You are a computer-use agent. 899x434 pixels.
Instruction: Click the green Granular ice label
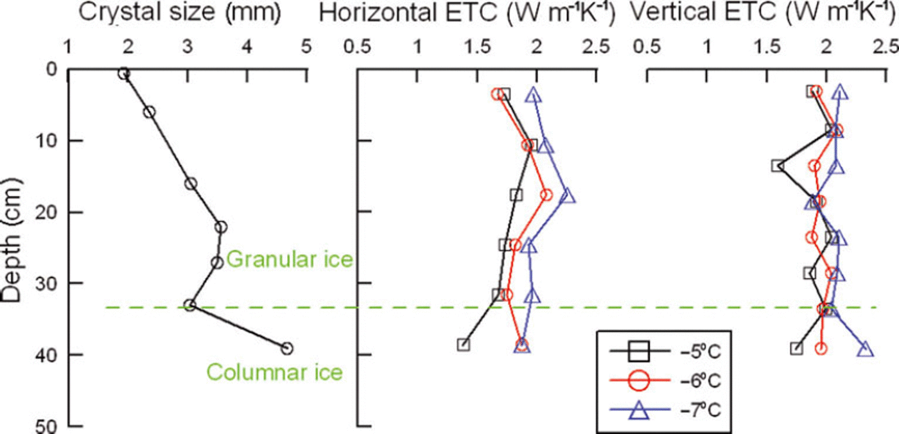click(290, 259)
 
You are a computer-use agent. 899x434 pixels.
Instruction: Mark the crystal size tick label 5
click(306, 47)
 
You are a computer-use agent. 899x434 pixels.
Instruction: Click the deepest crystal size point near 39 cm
click(287, 349)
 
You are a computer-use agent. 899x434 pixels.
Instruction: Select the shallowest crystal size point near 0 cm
click(124, 74)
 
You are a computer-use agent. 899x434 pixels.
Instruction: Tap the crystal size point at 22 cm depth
click(221, 227)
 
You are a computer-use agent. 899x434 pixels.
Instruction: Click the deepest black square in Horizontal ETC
click(464, 345)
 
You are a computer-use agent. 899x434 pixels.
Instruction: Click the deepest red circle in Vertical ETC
click(821, 349)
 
